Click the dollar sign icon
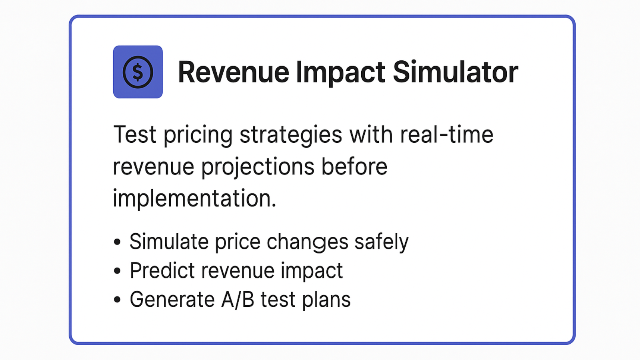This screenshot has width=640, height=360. pyautogui.click(x=138, y=72)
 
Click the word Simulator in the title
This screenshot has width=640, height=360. pyautogui.click(x=456, y=72)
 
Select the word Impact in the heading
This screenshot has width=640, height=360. pyautogui.click(x=340, y=73)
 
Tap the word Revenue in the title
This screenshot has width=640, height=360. pyautogui.click(x=234, y=72)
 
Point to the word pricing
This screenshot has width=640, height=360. pyautogui.click(x=198, y=136)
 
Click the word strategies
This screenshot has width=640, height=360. pyautogui.click(x=290, y=136)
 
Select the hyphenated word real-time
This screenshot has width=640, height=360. pyautogui.click(x=446, y=134)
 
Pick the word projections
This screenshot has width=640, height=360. pyautogui.click(x=258, y=168)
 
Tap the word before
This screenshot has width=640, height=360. pyautogui.click(x=354, y=166)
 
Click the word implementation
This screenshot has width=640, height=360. pyautogui.click(x=194, y=198)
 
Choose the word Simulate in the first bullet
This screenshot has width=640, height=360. pyautogui.click(x=169, y=242)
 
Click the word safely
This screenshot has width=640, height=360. pyautogui.click(x=382, y=242)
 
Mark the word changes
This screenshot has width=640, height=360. pyautogui.click(x=308, y=242)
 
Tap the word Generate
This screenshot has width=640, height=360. pyautogui.click(x=172, y=300)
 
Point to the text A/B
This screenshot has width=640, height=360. pyautogui.click(x=238, y=300)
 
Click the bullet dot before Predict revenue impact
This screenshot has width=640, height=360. pyautogui.click(x=117, y=270)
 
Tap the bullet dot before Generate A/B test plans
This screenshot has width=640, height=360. pyautogui.click(x=117, y=300)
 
